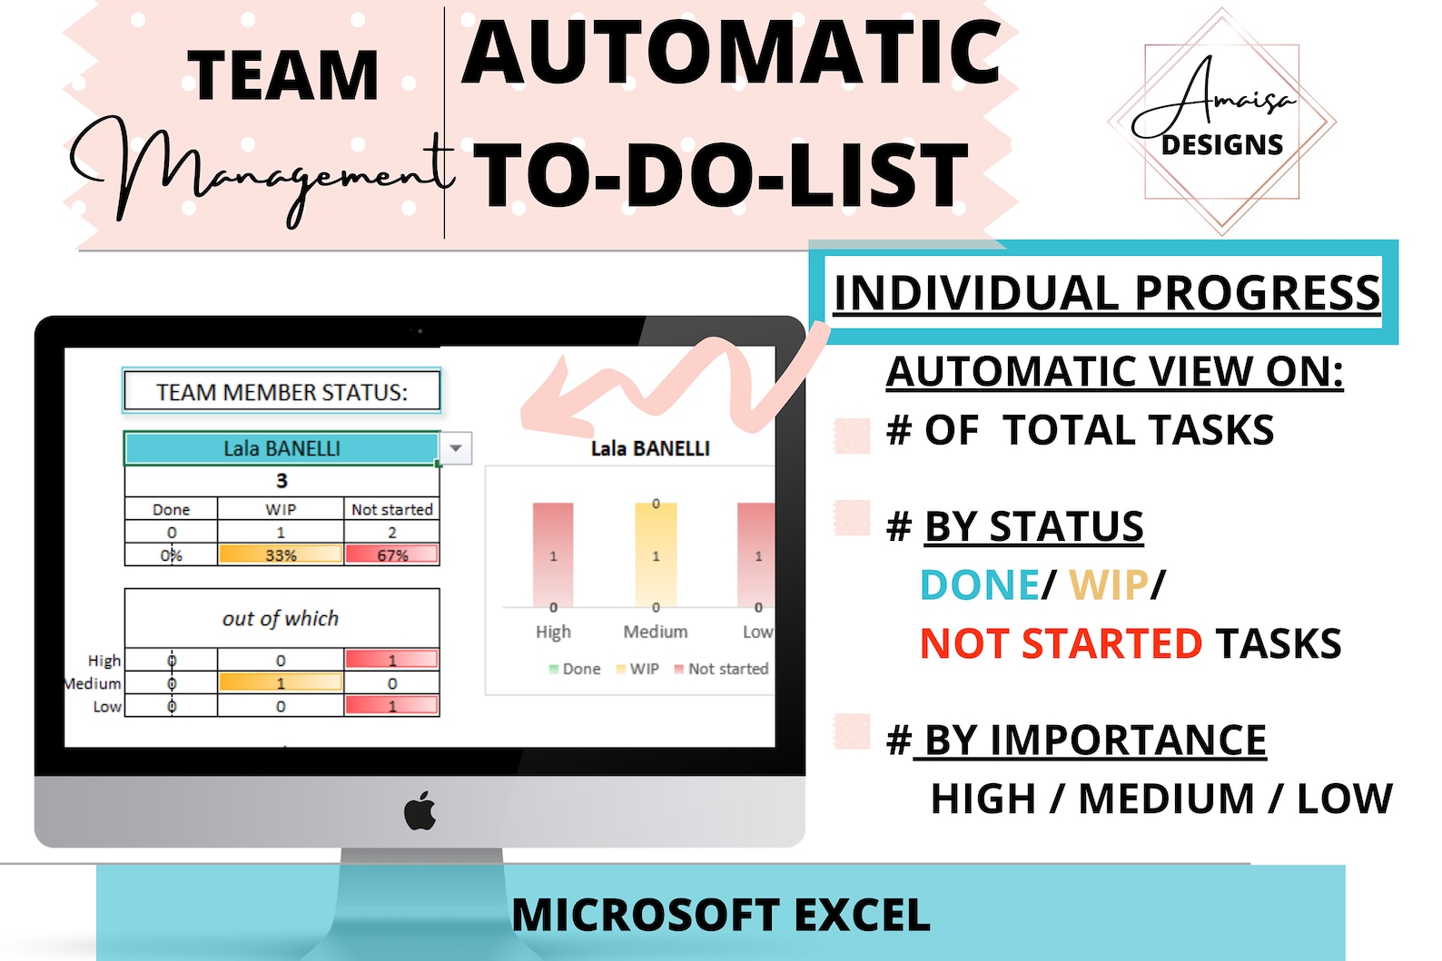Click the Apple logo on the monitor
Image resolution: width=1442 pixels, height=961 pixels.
coord(420,810)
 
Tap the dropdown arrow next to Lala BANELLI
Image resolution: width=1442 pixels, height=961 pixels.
coord(456,448)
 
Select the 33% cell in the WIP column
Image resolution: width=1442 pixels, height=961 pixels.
coord(281,554)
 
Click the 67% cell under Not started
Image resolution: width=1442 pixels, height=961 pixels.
coord(392,554)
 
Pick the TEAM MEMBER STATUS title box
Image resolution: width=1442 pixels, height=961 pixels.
coord(281,392)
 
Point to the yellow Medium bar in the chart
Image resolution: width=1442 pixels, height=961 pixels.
coord(656,555)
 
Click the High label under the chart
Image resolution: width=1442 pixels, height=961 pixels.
coord(553,632)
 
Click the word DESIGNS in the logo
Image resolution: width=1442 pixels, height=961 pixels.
coord(1222,145)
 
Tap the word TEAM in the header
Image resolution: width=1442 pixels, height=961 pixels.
coord(282,75)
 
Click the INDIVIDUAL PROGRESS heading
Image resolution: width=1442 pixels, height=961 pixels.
coord(1106,293)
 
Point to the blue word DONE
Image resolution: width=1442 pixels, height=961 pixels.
coord(979,585)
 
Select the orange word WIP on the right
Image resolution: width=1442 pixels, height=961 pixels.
coord(1108,585)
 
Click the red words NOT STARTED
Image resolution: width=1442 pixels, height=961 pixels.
coord(1061,643)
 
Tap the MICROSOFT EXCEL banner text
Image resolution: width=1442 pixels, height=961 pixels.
coord(720,915)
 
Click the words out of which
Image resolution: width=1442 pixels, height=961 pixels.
coord(281,619)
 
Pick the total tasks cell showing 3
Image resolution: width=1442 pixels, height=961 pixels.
coord(281,481)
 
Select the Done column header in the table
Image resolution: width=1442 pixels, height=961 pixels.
coord(171,510)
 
